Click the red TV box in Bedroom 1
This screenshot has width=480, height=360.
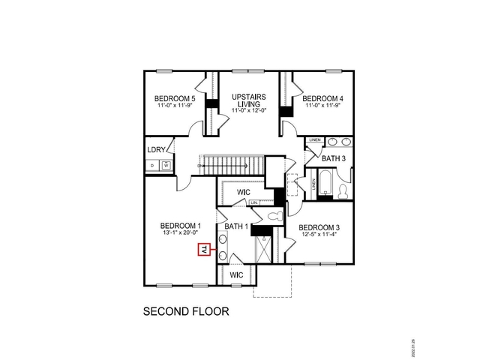point(202,250)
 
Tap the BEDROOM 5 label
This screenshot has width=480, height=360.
point(175,98)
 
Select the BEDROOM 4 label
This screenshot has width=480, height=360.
point(322,98)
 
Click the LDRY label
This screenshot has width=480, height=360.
point(157,148)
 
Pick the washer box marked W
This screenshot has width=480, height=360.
point(166,165)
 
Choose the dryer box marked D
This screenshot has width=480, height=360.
point(152,165)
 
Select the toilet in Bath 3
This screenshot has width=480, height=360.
point(343,192)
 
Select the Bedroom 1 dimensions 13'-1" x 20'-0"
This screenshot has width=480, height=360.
point(181,233)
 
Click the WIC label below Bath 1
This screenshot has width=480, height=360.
point(236,275)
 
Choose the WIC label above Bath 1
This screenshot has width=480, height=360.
point(243,192)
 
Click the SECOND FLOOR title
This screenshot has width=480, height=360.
point(185,310)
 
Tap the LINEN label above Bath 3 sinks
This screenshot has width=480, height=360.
point(314,140)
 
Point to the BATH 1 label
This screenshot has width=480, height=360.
point(236,226)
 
